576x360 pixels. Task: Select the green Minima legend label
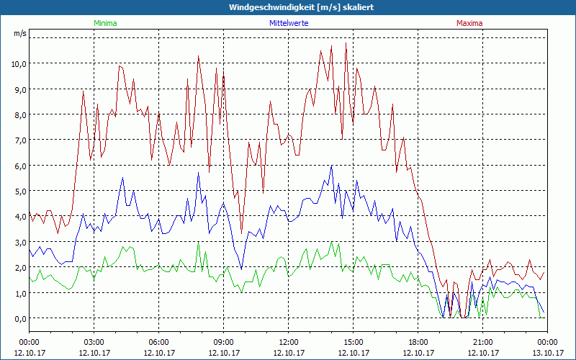pos(105,23)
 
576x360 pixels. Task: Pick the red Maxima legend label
pos(469,23)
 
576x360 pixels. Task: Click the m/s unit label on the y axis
pos(19,33)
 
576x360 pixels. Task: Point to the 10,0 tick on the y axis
pos(18,63)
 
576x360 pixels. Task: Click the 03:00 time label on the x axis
pos(94,342)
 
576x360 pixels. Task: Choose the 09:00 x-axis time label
pos(224,342)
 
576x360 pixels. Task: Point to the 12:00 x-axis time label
pos(289,342)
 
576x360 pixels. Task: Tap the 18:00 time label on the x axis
pos(418,342)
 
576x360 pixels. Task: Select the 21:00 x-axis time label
pos(483,342)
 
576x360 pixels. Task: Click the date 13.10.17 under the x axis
pos(547,353)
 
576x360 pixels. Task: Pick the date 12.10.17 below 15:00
pos(354,353)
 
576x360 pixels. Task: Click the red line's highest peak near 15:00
pos(346,42)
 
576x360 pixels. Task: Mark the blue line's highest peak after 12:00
pos(331,166)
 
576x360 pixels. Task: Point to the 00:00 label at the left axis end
pos(30,342)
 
